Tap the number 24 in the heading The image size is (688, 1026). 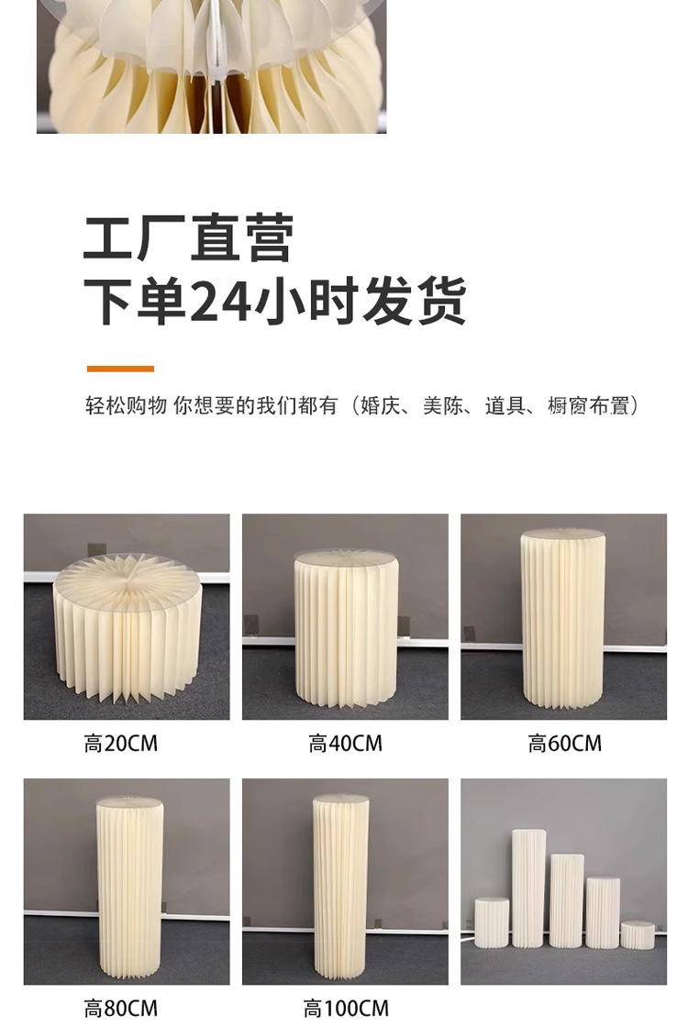[219, 302]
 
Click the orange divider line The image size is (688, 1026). [120, 369]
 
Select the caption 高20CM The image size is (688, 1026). [121, 744]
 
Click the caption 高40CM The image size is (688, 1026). [345, 744]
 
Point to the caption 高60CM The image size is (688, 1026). [564, 744]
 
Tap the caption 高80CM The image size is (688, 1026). [121, 1008]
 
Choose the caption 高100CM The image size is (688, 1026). [345, 1008]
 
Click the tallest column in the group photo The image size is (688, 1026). [528, 888]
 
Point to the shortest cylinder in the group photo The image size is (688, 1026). [637, 934]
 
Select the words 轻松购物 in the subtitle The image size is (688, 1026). [126, 405]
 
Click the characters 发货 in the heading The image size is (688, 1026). [415, 302]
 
